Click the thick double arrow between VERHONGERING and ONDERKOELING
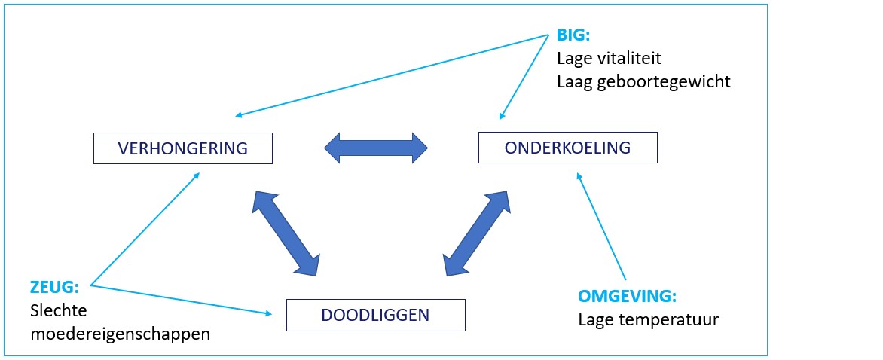click(x=376, y=148)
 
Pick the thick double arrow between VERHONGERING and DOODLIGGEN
click(x=286, y=233)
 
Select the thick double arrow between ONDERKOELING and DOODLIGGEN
click(x=476, y=233)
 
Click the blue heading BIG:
click(x=573, y=35)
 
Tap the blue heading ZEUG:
click(x=54, y=288)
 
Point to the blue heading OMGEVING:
click(x=628, y=297)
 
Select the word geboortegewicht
click(x=663, y=82)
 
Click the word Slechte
click(x=59, y=311)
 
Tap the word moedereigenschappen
click(x=121, y=334)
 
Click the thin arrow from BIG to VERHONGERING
click(x=392, y=75)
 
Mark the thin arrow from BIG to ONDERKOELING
click(x=524, y=77)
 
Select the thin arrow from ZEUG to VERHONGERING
click(x=145, y=228)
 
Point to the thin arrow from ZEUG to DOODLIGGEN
click(x=181, y=299)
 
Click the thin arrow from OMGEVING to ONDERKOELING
click(x=601, y=226)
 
